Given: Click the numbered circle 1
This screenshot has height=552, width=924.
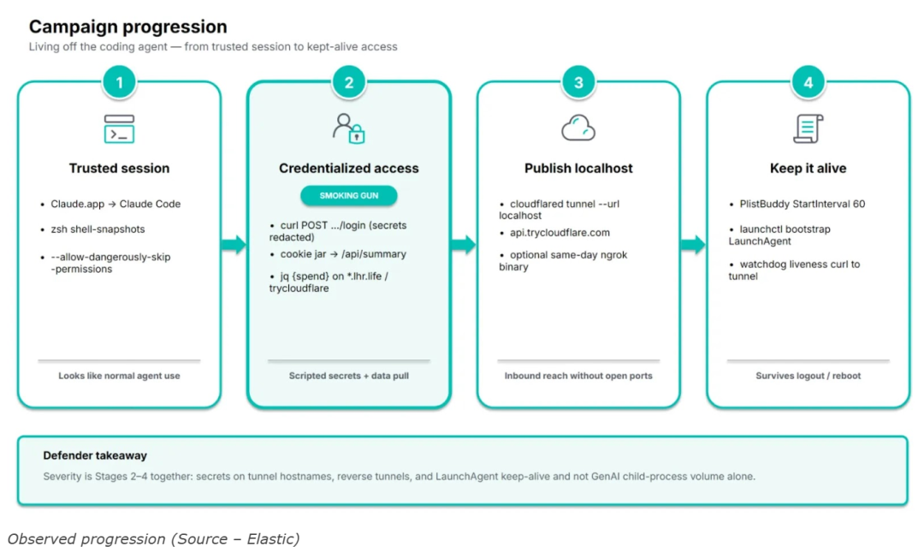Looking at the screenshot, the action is click(120, 82).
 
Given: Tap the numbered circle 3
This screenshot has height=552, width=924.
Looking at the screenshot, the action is click(578, 82).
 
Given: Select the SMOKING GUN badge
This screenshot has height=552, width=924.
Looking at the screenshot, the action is click(349, 196).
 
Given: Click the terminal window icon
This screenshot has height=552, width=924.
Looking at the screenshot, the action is click(119, 128).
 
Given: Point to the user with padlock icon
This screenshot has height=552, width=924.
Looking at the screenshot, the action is click(349, 128).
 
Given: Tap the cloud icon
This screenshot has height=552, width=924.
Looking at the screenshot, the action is click(578, 128).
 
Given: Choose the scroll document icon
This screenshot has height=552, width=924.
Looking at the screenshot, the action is click(808, 128).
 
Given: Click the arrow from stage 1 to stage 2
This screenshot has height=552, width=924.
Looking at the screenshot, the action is click(234, 244).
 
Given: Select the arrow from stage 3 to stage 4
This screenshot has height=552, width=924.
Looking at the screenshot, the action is click(693, 244).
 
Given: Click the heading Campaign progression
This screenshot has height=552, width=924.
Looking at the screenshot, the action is click(127, 27).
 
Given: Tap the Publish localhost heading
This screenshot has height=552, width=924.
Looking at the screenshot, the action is click(578, 168).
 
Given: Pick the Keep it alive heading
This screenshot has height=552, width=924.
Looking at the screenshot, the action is click(808, 168).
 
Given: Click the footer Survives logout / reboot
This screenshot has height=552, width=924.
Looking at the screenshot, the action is click(808, 376).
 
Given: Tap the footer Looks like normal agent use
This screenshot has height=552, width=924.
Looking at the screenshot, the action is click(119, 376).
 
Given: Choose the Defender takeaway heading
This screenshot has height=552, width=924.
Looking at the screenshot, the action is click(95, 455).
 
